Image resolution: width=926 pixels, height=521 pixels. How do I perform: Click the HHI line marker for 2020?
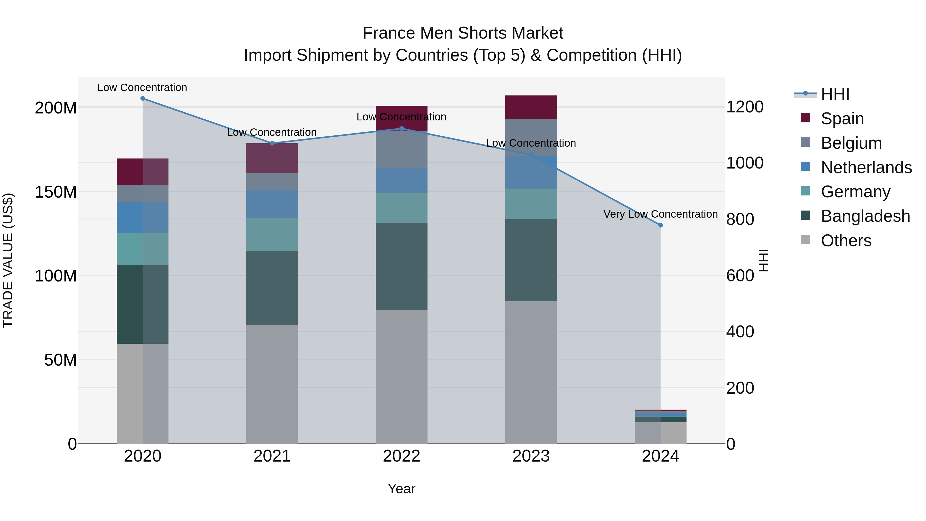143,99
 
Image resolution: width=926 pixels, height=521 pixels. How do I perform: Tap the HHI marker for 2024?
660,225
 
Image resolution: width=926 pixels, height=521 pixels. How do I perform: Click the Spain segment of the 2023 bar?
531,107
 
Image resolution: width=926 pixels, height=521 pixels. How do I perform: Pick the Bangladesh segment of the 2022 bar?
402,267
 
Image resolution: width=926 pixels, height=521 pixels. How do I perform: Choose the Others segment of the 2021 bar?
272,384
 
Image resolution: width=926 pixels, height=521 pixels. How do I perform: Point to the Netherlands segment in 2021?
272,204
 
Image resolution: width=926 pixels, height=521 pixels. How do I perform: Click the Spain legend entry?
842,118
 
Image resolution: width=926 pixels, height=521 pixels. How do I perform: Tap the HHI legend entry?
835,94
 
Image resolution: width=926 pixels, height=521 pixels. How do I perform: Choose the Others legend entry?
846,241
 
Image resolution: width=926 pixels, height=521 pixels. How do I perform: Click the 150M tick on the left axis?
56,192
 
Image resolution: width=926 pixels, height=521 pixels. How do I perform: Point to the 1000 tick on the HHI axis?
744,163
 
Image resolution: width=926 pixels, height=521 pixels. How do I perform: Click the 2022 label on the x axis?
402,456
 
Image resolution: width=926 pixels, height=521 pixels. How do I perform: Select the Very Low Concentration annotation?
660,214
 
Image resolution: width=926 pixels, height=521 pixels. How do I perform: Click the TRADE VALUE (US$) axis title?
8,260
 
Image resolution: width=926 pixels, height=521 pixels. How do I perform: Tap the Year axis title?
402,489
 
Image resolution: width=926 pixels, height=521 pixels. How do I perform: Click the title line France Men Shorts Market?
463,33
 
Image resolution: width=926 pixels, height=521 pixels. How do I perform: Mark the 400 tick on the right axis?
740,332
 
